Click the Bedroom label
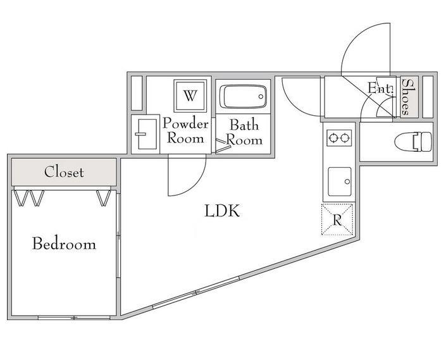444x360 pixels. coord(65,244)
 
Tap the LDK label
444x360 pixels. coord(222,211)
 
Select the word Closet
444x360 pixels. coord(64,171)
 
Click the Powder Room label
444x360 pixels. coord(186,130)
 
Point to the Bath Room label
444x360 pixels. coord(244,132)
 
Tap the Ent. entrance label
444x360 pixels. coord(380,88)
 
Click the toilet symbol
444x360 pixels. coord(413,141)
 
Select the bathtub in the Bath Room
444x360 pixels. coord(244,97)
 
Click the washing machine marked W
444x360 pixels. coord(190,96)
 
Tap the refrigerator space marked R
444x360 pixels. coord(337,220)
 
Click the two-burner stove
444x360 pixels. coord(339,138)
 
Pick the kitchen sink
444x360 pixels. coord(340,182)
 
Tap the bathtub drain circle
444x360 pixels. coord(261,97)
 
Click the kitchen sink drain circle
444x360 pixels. coord(347,182)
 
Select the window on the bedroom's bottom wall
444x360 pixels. coord(74,318)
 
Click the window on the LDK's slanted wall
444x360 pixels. coord(196,292)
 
